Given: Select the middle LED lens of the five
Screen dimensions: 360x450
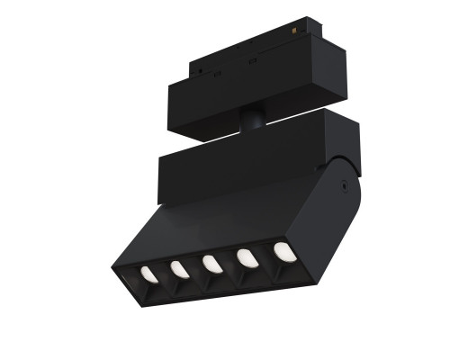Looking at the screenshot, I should coord(211,264).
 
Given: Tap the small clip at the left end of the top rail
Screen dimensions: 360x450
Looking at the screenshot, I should coord(197,67).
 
